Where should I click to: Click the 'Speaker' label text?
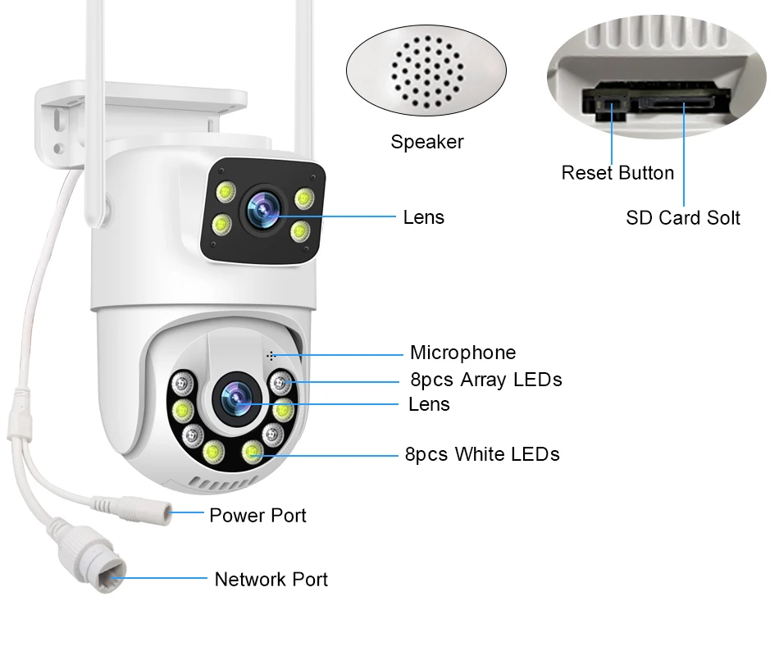coord(426,142)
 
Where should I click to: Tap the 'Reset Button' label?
coord(617,173)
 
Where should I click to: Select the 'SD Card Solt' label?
coord(682,217)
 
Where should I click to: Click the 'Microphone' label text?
coord(462,353)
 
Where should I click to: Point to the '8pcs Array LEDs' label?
coord(485,380)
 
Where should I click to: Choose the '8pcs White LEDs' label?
coord(482,454)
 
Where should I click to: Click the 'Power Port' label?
coord(257,516)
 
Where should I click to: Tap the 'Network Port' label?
coord(271,580)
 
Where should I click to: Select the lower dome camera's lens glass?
coord(236,398)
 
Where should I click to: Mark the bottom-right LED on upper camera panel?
coord(300,230)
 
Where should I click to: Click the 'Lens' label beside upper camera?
coord(423,217)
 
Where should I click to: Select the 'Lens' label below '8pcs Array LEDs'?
coord(429,404)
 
